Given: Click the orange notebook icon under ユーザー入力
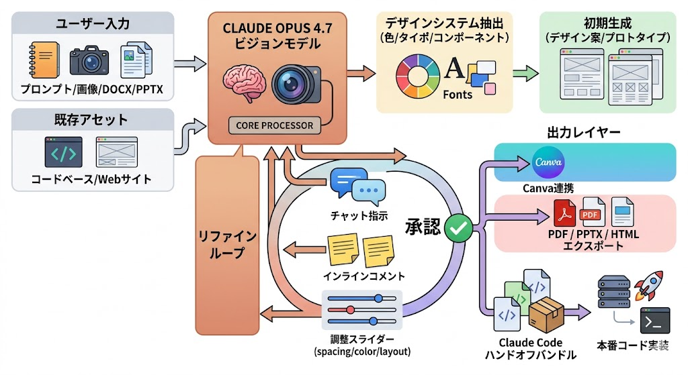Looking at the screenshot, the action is click(x=44, y=60).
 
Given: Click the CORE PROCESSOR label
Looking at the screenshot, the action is click(x=275, y=125).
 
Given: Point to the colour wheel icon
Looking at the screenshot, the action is click(x=417, y=76).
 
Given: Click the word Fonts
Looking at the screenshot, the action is click(x=458, y=95).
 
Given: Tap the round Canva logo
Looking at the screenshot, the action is click(x=548, y=162).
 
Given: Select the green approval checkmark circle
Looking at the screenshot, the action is click(x=458, y=228).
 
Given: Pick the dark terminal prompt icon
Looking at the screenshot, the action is click(x=654, y=321).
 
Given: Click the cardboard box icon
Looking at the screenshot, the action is click(x=546, y=315).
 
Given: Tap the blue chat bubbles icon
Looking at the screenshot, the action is click(x=358, y=187).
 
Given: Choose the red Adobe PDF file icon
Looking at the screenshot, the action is click(x=564, y=213).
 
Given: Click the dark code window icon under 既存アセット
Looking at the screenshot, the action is click(x=64, y=152).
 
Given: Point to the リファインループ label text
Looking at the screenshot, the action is click(x=227, y=244).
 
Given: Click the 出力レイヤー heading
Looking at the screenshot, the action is click(x=584, y=132).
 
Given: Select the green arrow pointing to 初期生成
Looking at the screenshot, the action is click(x=525, y=73).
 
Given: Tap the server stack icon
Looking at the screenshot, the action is click(x=614, y=292).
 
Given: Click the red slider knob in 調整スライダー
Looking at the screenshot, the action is click(x=350, y=310).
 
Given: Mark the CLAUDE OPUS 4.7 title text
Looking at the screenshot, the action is click(x=277, y=28).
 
